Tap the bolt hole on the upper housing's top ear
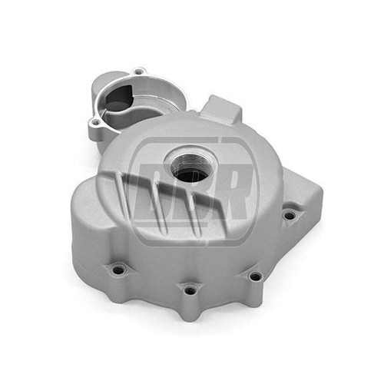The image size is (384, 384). click(138, 72)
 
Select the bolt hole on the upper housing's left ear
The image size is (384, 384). click(96, 123)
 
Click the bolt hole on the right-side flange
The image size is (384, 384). click(290, 216)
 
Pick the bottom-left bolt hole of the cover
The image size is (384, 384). click(118, 270)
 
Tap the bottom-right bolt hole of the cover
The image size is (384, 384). click(255, 276)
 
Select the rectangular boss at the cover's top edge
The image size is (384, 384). click(222, 108)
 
